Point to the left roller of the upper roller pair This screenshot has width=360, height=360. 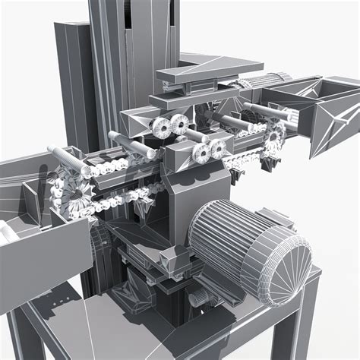(161, 127)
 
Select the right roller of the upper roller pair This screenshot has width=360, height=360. (181, 125)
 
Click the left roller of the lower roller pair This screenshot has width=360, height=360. (202, 153)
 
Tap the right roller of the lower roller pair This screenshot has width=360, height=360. (219, 149)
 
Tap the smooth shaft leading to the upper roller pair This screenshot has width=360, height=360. (129, 141)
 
